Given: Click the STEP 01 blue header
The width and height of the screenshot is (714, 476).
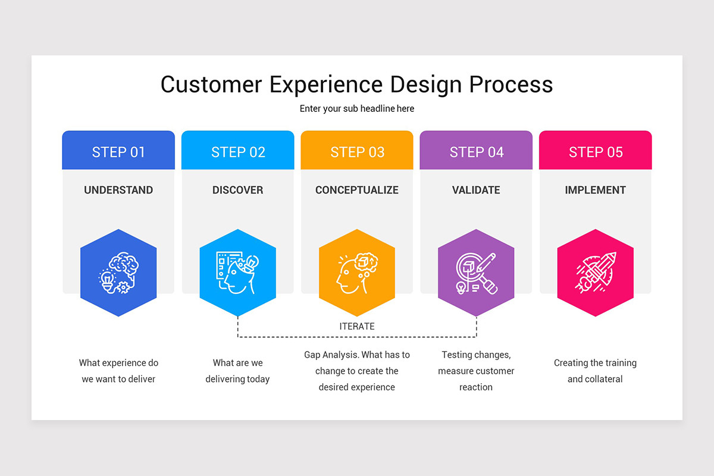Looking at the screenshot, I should tap(118, 152).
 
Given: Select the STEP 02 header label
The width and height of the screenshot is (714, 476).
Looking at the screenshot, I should tap(238, 152).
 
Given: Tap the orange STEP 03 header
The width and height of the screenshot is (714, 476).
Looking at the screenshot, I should tap(357, 152).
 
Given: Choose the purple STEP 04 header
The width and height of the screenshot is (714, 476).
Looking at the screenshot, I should tap(476, 152).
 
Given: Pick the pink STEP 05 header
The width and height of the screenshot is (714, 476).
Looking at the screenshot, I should tap(595, 152).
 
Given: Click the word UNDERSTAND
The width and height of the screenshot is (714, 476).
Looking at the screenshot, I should tap(118, 190).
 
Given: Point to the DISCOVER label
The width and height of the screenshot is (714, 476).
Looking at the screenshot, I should tap(237, 190).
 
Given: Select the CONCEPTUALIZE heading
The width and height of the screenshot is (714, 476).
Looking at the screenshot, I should tap(357, 190).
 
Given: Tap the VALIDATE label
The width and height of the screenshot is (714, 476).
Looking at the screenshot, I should tap(476, 190).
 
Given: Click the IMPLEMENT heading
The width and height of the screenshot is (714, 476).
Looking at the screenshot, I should tap(595, 190).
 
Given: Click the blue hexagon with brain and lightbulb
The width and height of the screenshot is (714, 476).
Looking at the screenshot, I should tap(118, 273).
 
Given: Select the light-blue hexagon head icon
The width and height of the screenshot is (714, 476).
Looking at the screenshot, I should tap(237, 273).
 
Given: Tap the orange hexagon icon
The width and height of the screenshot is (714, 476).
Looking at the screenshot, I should tap(357, 273).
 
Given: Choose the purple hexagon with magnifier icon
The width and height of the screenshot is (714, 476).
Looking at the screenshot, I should tap(476, 273).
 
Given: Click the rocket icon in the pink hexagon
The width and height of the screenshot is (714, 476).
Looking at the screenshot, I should tap(595, 273).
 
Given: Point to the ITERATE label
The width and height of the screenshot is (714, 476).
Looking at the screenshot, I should tap(357, 327).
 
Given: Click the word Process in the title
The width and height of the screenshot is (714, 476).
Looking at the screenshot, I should tap(511, 84).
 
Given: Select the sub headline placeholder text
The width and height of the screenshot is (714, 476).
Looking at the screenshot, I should tap(357, 109).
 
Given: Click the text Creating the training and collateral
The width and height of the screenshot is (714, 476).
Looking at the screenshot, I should tap(595, 371).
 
